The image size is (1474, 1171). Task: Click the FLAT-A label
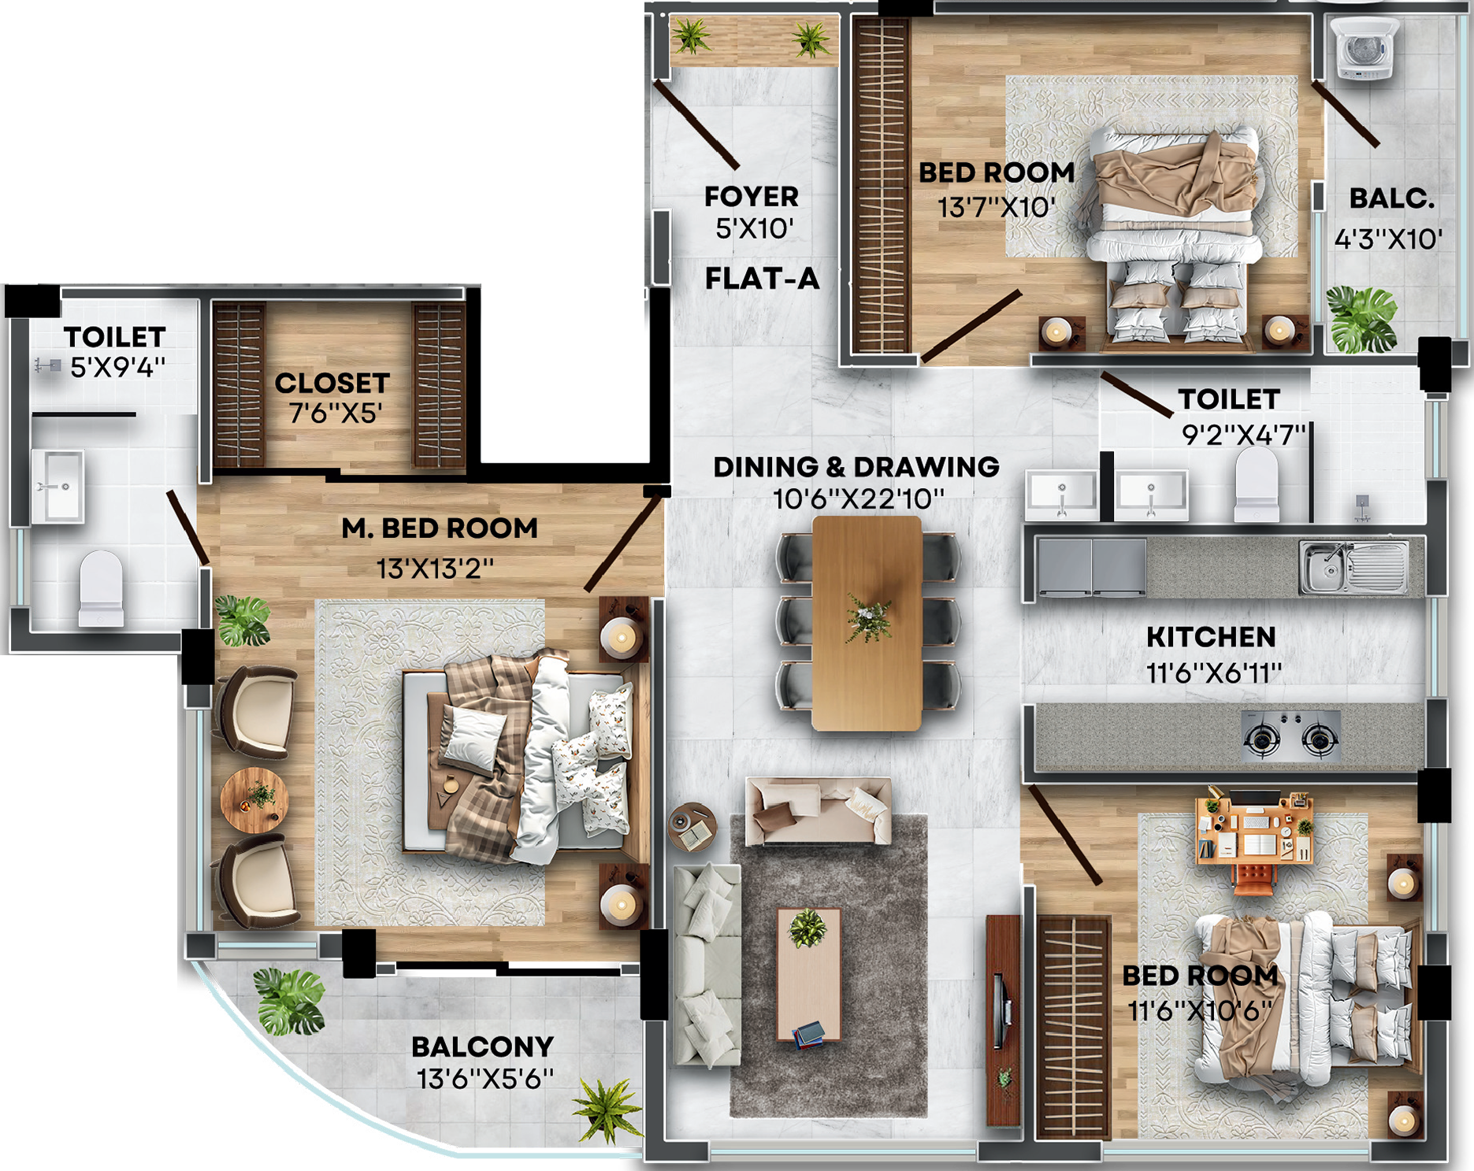[x=762, y=279]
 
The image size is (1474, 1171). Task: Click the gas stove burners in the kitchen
[x=1290, y=736]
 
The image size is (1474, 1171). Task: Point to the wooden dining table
[x=867, y=623]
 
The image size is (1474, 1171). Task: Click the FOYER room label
[x=752, y=196]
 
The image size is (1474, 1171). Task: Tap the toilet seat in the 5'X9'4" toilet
[x=102, y=588]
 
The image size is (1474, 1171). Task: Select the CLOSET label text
[x=332, y=384]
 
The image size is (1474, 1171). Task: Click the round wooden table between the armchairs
[x=254, y=800]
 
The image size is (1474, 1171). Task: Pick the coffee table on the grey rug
[x=808, y=974]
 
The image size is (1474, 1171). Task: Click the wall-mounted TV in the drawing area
[x=1001, y=1011]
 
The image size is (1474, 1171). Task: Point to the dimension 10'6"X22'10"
[x=858, y=499]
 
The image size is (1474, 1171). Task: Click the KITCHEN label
[x=1211, y=637]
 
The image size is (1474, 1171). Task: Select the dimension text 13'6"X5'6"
[x=485, y=1079]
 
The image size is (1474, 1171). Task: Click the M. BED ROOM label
[x=440, y=528]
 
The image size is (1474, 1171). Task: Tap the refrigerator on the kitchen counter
[x=1092, y=566]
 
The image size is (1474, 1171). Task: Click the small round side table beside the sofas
[x=692, y=827]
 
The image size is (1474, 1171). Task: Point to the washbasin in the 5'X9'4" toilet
[x=57, y=487]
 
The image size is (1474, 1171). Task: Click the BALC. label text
[x=1392, y=198]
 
